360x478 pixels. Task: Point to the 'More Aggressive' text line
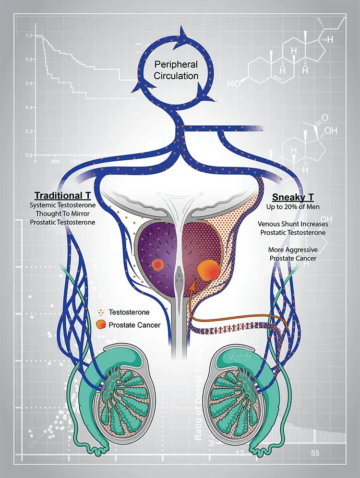pos(292,250)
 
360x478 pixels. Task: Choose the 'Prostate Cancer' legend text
pos(135,325)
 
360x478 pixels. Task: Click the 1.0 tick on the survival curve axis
pos(30,36)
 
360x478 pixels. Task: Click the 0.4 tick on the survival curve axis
pos(30,107)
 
